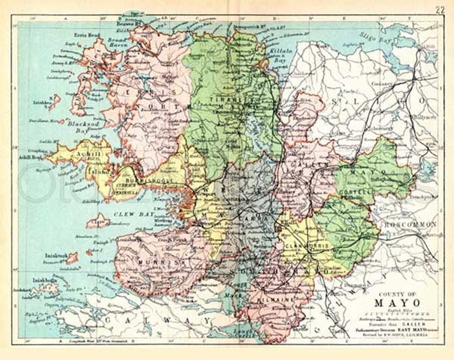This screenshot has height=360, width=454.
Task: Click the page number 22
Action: (440, 10)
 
